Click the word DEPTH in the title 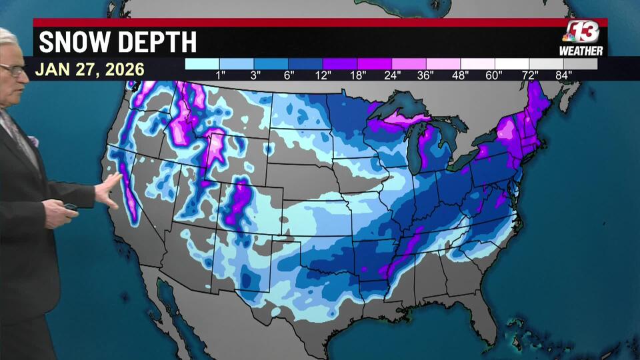click(x=156, y=42)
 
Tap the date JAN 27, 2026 click(x=90, y=69)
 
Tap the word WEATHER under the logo click(x=581, y=51)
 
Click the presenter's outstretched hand click(x=108, y=190)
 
